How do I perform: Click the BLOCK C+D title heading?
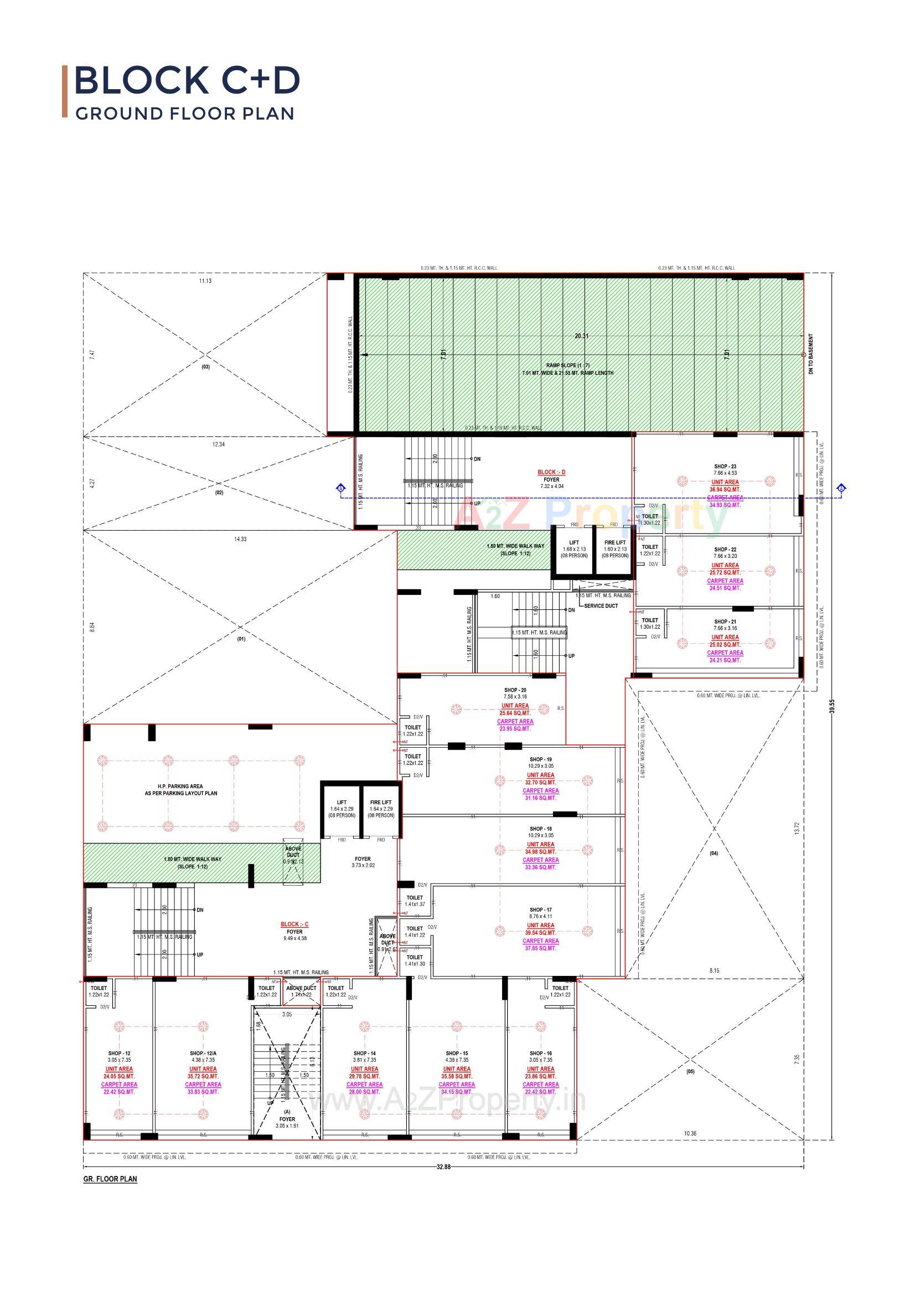[187, 80]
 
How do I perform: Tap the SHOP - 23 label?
[725, 466]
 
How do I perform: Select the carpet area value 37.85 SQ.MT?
[540, 948]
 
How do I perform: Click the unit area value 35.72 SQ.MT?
[203, 1076]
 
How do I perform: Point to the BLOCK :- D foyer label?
[551, 472]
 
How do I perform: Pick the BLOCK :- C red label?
[294, 924]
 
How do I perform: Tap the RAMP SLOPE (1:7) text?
[567, 366]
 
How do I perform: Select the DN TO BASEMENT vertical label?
[811, 354]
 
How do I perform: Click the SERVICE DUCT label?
[601, 606]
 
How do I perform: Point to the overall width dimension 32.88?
[444, 1167]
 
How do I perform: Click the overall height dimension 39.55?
[831, 707]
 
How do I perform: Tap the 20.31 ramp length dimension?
[581, 336]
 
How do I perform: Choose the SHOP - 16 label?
[540, 1053]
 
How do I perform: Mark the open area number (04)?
[714, 854]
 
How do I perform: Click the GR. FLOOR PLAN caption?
[110, 1179]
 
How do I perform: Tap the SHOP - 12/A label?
[203, 1053]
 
